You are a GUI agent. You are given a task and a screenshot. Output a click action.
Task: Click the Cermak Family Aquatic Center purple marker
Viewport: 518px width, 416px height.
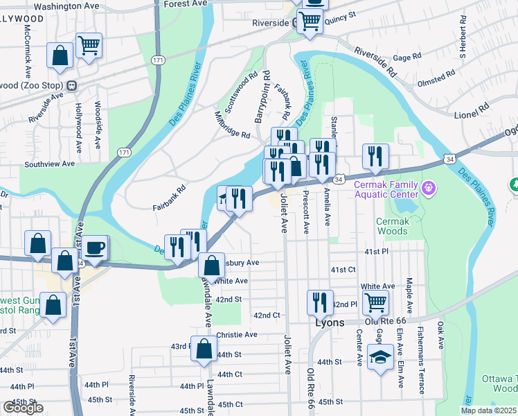click(429, 187)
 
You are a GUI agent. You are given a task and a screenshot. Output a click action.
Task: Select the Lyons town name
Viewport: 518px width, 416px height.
click(330, 322)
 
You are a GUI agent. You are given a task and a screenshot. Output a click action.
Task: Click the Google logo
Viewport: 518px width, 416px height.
click(23, 408)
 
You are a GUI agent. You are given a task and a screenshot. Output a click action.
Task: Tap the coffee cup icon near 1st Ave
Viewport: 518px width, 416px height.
click(96, 248)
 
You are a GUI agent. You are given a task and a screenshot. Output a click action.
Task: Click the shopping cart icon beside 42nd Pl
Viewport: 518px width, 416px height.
click(375, 302)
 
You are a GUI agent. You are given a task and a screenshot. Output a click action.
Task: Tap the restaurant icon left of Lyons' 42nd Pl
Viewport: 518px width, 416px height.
click(319, 302)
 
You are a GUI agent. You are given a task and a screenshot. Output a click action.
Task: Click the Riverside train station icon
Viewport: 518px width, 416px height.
click(294, 23)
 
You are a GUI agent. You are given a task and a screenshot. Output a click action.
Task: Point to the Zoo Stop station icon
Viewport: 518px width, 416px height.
click(71, 86)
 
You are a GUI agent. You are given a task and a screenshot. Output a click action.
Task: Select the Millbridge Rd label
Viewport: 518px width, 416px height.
click(232, 125)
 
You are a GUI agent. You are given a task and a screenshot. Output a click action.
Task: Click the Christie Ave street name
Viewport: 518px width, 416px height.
click(237, 334)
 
